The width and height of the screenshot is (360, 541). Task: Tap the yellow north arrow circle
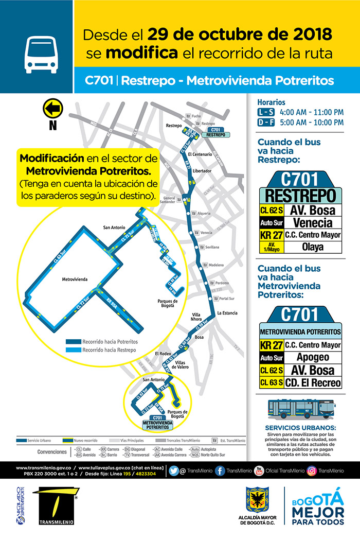click(x=52, y=109)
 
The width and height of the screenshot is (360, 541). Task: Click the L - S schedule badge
click(x=266, y=112)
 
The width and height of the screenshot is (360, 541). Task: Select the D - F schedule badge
click(x=266, y=123)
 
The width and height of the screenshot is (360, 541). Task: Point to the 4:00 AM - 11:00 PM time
click(x=311, y=112)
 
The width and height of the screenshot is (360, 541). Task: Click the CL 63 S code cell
click(x=271, y=383)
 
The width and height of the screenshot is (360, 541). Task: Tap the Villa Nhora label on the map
click(x=196, y=317)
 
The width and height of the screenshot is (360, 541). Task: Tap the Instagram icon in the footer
click(x=312, y=470)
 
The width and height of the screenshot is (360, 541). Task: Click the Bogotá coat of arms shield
click(x=256, y=501)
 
